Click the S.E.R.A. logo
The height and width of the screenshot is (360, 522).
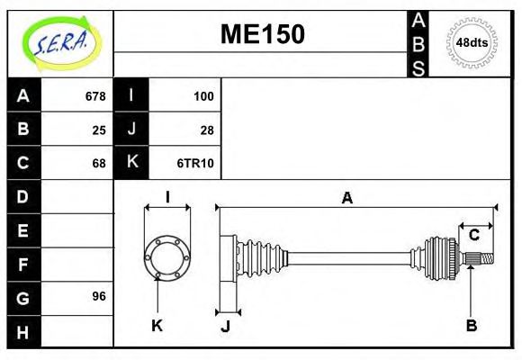click(x=60, y=42)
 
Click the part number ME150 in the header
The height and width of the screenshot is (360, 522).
click(x=263, y=34)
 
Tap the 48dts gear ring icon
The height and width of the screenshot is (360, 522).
click(x=472, y=42)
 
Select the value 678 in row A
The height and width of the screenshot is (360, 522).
click(x=94, y=95)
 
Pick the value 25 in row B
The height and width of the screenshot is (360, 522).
click(x=98, y=130)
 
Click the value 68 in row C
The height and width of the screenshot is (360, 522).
click(x=98, y=163)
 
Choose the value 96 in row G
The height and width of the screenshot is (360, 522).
click(x=98, y=296)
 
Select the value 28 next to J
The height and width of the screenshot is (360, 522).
click(x=206, y=130)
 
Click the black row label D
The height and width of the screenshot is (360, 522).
click(x=23, y=196)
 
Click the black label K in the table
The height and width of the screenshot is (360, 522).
click(x=131, y=163)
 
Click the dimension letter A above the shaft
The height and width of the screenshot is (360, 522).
click(x=346, y=198)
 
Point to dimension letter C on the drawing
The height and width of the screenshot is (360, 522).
click(x=473, y=236)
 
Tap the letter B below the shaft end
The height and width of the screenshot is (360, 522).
click(x=471, y=325)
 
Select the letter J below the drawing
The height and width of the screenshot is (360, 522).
click(x=226, y=326)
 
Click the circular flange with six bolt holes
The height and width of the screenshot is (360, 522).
click(x=166, y=256)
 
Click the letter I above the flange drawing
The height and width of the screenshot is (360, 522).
click(x=167, y=197)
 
